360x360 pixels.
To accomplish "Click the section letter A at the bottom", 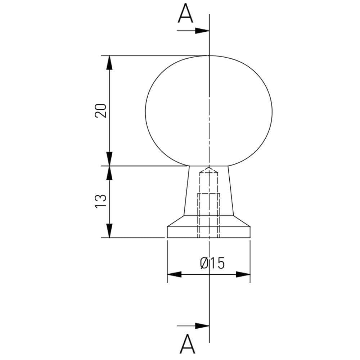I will pos(187,344).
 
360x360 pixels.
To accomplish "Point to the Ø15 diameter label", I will pos(212,263).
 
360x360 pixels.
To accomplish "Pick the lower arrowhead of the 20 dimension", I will pos(110,158).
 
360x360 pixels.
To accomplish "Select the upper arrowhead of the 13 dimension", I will pos(110,173).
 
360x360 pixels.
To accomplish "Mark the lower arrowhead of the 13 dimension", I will pos(110,230).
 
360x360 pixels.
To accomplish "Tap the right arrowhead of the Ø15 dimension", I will pos(243,274).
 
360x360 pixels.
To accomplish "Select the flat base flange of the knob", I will pos(209,232).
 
